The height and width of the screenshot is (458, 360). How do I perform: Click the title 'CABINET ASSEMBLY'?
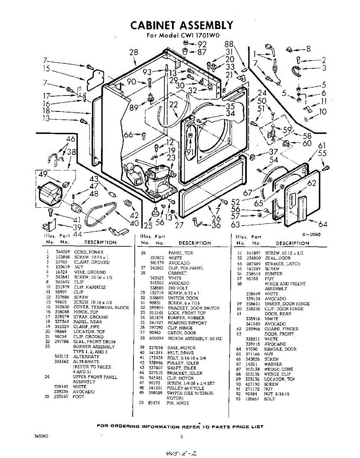pyautogui.click(x=182, y=25)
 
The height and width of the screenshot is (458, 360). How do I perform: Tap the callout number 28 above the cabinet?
pyautogui.click(x=134, y=52)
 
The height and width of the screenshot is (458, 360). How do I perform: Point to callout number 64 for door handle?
pyautogui.click(x=323, y=224)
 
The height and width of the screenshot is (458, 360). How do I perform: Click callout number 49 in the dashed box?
pyautogui.click(x=43, y=174)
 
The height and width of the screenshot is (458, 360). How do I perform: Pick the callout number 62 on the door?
pyautogui.click(x=312, y=183)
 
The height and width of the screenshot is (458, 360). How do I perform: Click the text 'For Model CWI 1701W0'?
pyautogui.click(x=182, y=37)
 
